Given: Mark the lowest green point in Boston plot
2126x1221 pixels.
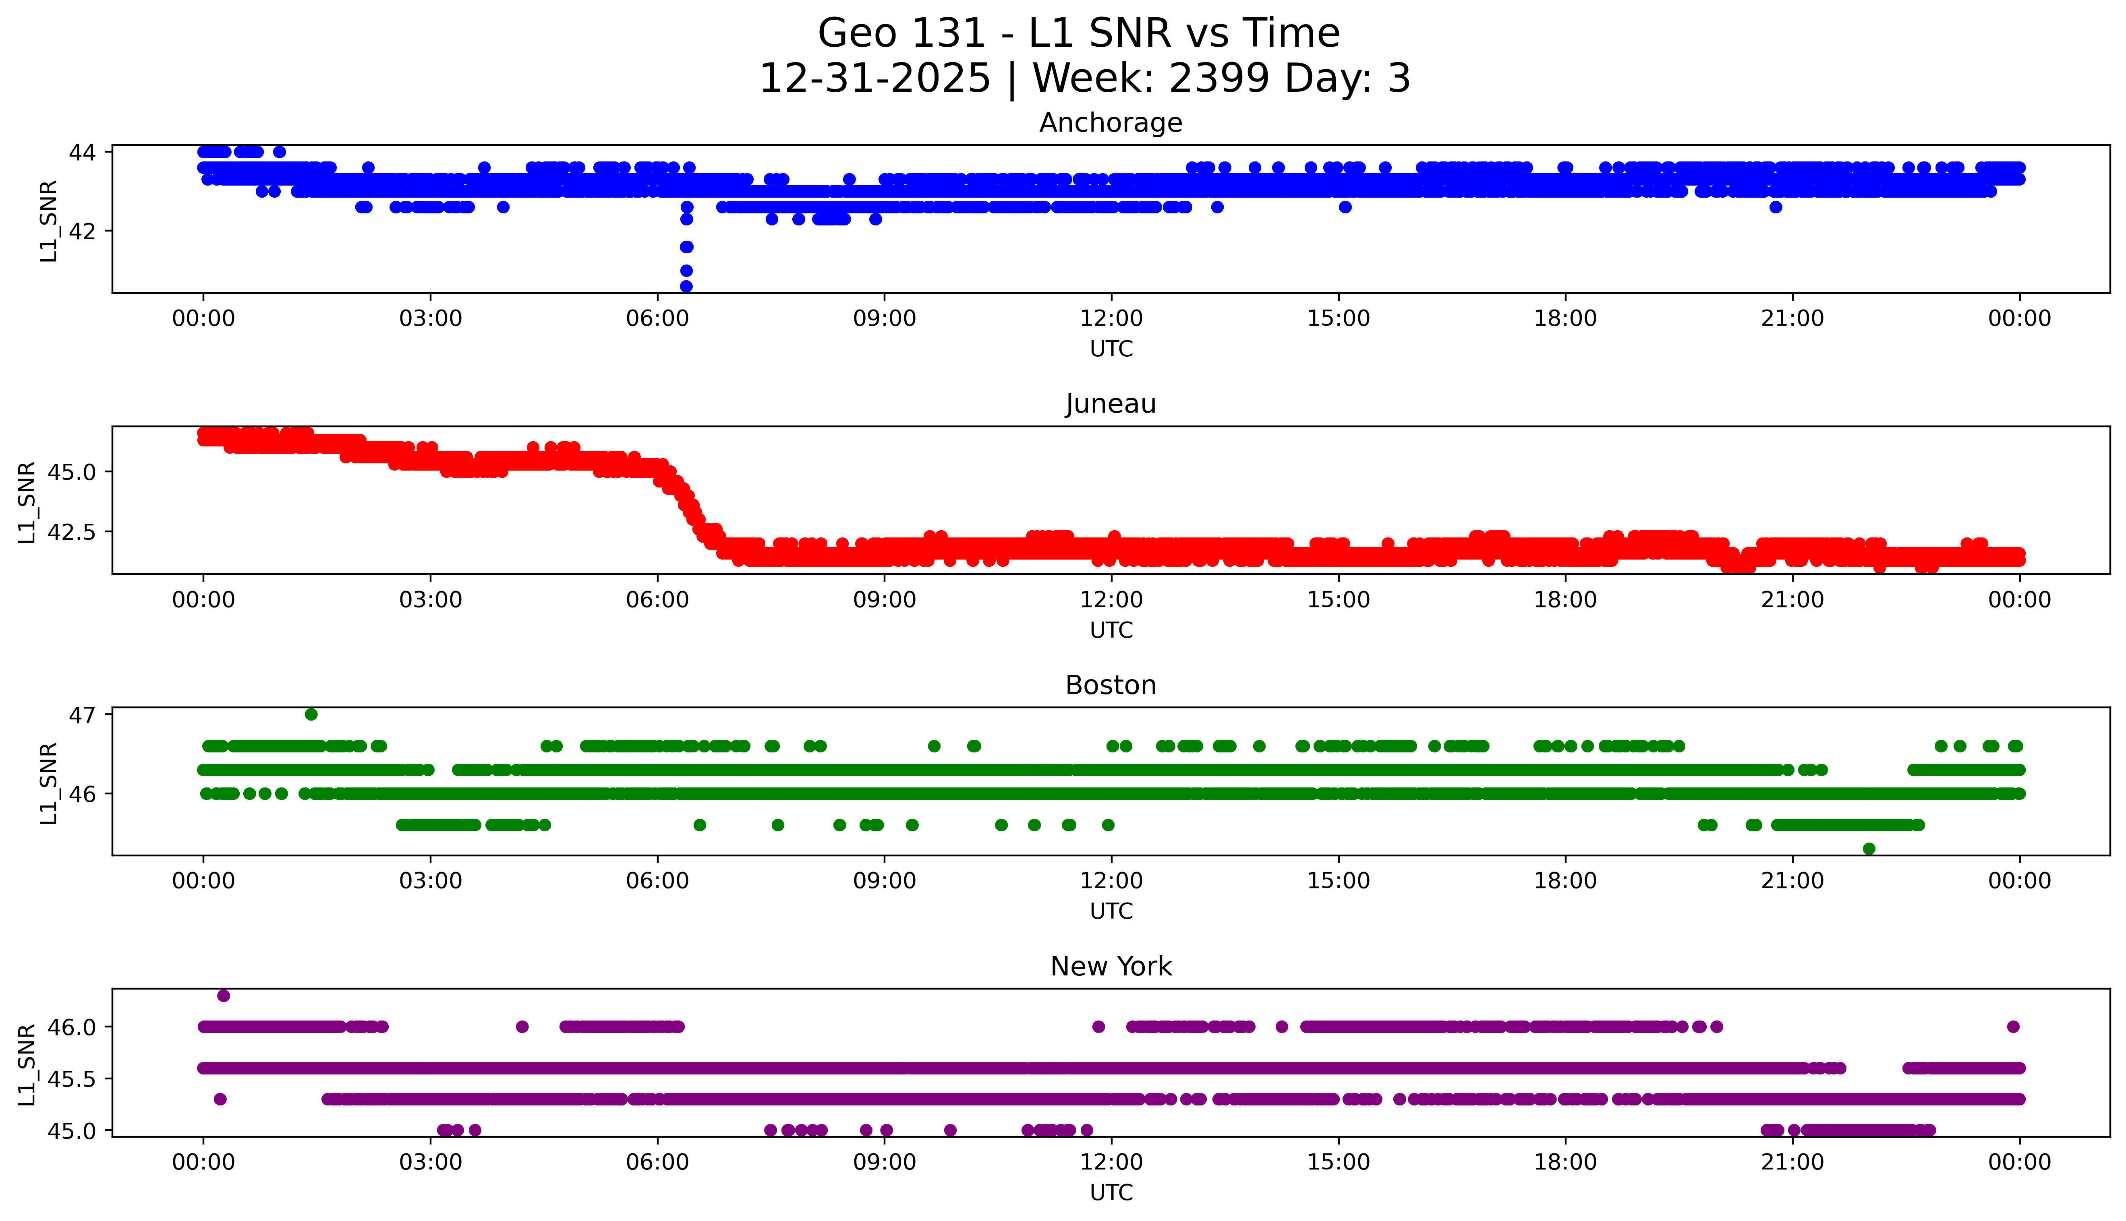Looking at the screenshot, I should tap(1869, 849).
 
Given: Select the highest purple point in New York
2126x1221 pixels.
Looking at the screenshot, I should tap(223, 996).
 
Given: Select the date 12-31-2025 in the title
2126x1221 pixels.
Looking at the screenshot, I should tap(875, 79).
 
